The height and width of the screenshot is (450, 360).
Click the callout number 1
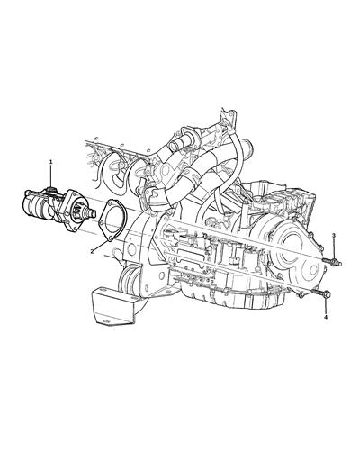tap(51, 161)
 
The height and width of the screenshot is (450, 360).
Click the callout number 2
tap(91, 254)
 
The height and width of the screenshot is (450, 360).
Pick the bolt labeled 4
tap(322, 295)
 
